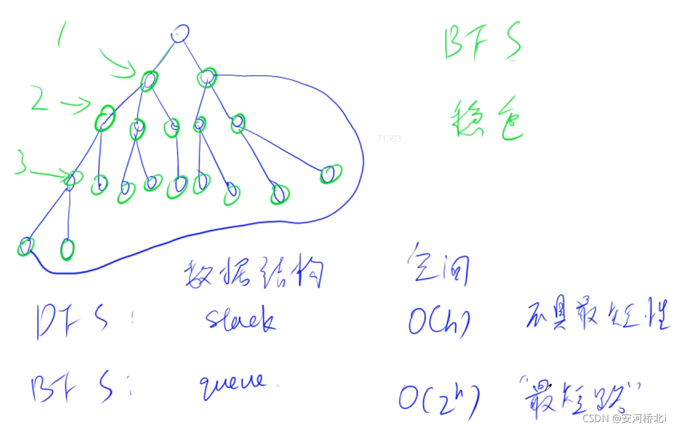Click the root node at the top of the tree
pos(180,33)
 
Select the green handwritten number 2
pos(40,98)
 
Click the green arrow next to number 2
pos(76,104)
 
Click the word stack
pos(240,320)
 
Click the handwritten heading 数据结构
pos(254,274)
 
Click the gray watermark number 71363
pos(388,139)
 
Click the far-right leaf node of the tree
pos(330,174)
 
